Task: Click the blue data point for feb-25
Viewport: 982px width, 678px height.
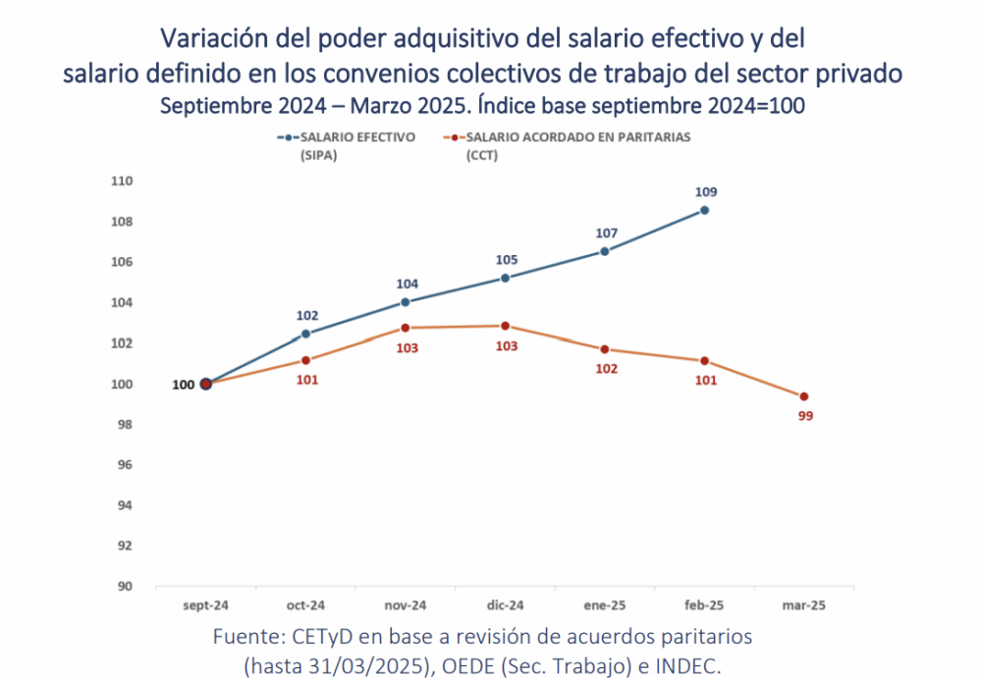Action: tap(704, 210)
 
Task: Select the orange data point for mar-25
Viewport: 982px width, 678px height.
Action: tap(804, 396)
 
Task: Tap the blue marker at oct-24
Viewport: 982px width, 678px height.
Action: tap(305, 334)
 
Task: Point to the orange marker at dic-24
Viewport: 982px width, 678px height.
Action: tap(505, 326)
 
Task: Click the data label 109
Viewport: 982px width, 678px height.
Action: tap(704, 191)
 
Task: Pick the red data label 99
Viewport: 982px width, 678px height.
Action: tap(805, 416)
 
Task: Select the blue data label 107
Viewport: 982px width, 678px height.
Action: tap(605, 234)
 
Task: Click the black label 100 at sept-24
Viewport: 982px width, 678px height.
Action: tap(183, 385)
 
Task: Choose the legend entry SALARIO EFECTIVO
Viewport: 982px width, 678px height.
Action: tap(357, 137)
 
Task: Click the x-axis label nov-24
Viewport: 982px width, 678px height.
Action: tap(405, 606)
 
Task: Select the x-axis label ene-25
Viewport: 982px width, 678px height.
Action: tap(605, 606)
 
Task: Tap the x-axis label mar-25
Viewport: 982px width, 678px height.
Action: tap(804, 606)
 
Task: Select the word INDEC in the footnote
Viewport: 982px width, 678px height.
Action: tap(690, 664)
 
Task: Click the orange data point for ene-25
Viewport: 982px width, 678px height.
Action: tap(605, 349)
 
